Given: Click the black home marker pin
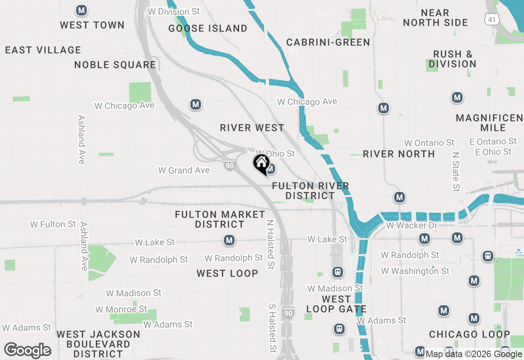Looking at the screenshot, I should tap(261, 164).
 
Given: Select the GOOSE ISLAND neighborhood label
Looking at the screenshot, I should tap(208, 28).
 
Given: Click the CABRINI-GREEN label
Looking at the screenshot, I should tap(328, 42).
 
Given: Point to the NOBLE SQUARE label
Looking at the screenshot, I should tap(115, 65).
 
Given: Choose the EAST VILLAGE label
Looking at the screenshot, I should tap(43, 50).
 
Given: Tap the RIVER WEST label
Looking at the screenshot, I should tap(252, 128).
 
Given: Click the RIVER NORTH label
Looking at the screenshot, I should tap(399, 154).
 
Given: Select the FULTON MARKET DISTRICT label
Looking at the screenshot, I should tap(220, 219).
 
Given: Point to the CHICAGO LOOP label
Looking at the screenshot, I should tap(469, 335).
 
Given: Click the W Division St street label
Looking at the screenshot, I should tap(174, 11).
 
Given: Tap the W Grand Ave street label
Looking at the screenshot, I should tap(184, 170).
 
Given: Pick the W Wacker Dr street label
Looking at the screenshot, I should tap(412, 225).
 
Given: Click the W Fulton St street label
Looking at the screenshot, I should tap(53, 224).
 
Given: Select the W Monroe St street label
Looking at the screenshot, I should tap(121, 309).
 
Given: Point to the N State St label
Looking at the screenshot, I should tap(456, 172).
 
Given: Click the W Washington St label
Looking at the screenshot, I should tap(415, 271).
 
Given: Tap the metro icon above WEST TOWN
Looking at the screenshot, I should tap(82, 11).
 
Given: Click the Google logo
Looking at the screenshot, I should tap(27, 350).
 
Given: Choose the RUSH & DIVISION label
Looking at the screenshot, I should tap(452, 59).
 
